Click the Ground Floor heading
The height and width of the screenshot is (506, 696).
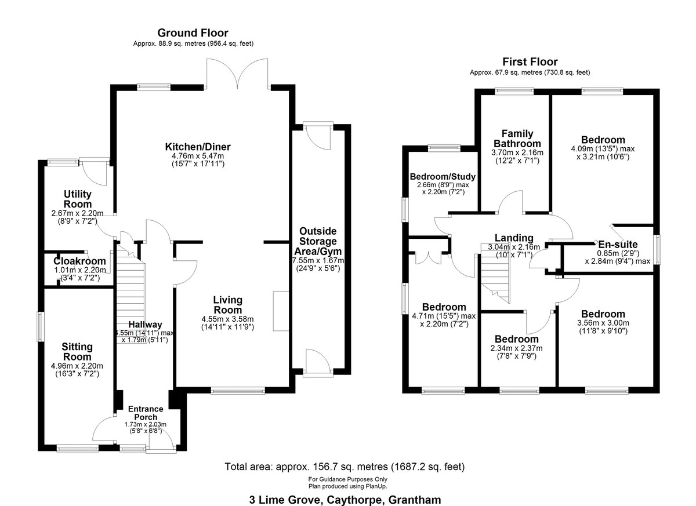[193, 33]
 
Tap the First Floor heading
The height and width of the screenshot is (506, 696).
[530, 61]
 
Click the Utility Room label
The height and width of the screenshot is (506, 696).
[78, 199]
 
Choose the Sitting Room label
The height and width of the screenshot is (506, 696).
[77, 351]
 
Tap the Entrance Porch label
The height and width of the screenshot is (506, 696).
[145, 413]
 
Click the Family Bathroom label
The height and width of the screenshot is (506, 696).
[517, 139]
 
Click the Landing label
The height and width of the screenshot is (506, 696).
[513, 238]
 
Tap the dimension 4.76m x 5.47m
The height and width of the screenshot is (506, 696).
[197, 156]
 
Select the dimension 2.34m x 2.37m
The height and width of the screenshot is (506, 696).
[516, 348]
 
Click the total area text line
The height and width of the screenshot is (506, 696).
[345, 467]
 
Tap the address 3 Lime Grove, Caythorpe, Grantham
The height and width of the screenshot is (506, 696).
[345, 499]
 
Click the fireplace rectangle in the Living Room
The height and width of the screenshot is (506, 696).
[281, 311]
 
